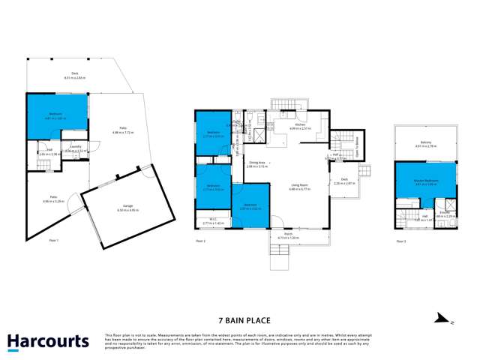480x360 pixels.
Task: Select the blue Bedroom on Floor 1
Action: [x=57, y=115]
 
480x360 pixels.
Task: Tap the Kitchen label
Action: [x=299, y=124]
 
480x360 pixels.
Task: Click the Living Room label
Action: [x=300, y=187]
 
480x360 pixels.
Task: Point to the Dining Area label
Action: [x=256, y=163]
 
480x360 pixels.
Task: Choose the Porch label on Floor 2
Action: [x=289, y=235]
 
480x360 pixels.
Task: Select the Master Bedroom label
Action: [x=424, y=179]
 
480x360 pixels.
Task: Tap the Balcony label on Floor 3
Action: [x=424, y=144]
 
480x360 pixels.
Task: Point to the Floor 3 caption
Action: [x=402, y=240]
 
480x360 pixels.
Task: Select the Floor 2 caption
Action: [x=199, y=240]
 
